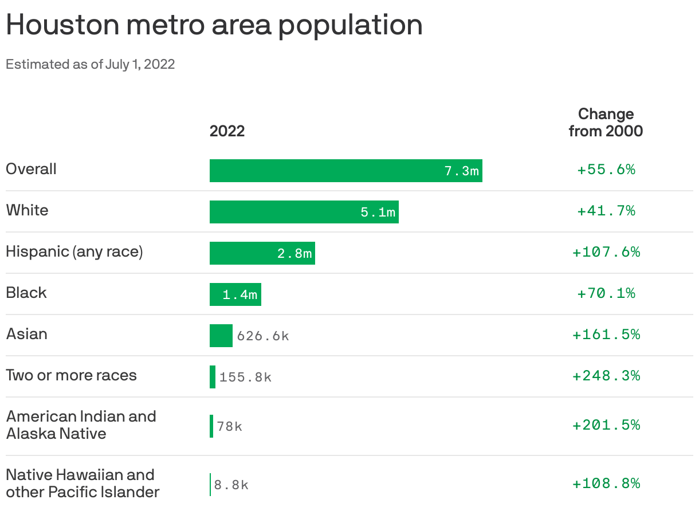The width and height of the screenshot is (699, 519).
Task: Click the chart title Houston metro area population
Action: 214,26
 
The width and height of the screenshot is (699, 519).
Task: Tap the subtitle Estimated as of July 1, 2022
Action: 90,64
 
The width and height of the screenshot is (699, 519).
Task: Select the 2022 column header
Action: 227,131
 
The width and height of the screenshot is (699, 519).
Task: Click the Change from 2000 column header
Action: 606,122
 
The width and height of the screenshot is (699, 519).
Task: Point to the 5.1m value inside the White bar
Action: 378,213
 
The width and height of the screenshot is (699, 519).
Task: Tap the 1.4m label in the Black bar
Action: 240,295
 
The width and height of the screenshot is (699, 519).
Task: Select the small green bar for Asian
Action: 221,336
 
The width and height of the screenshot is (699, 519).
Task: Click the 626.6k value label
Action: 263,336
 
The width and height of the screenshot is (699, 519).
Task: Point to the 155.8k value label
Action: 245,378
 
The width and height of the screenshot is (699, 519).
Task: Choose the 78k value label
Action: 230,427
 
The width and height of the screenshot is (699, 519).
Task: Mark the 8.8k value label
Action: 231,485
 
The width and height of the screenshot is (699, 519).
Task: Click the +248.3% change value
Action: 606,376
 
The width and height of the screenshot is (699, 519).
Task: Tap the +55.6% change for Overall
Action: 606,170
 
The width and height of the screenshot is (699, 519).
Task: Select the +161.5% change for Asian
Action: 606,335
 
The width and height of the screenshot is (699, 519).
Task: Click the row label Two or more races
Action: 72,376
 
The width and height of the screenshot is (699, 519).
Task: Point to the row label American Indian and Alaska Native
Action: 81,425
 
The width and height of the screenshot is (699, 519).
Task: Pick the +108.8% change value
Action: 606,483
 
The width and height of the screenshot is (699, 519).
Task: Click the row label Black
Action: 26,293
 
